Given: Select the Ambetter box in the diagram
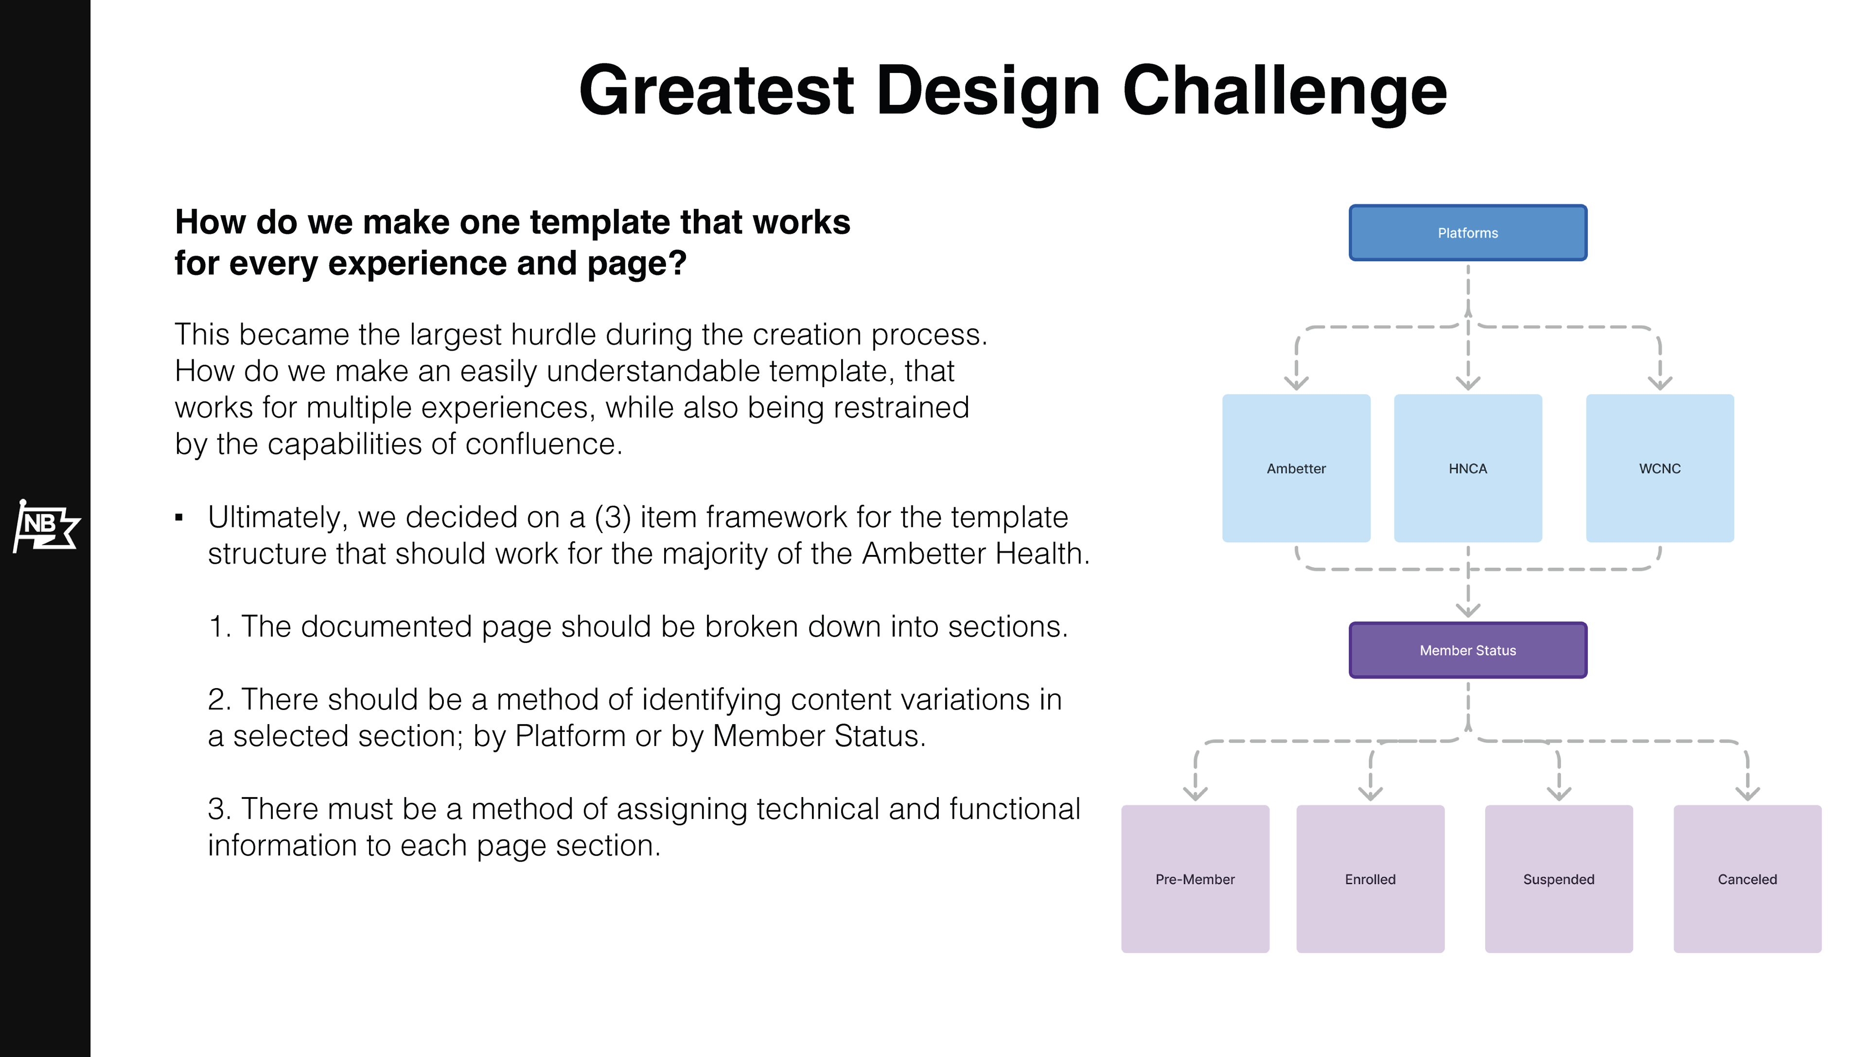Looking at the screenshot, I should click(1296, 468).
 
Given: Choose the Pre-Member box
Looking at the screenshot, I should click(1195, 879).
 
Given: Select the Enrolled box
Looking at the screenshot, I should click(1370, 879).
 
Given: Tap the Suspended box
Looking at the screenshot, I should click(1558, 879).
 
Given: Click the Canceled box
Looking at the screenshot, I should click(1746, 879).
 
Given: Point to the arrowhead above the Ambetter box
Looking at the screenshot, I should click(1296, 382).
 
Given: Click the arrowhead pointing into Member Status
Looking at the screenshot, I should click(1468, 610).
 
